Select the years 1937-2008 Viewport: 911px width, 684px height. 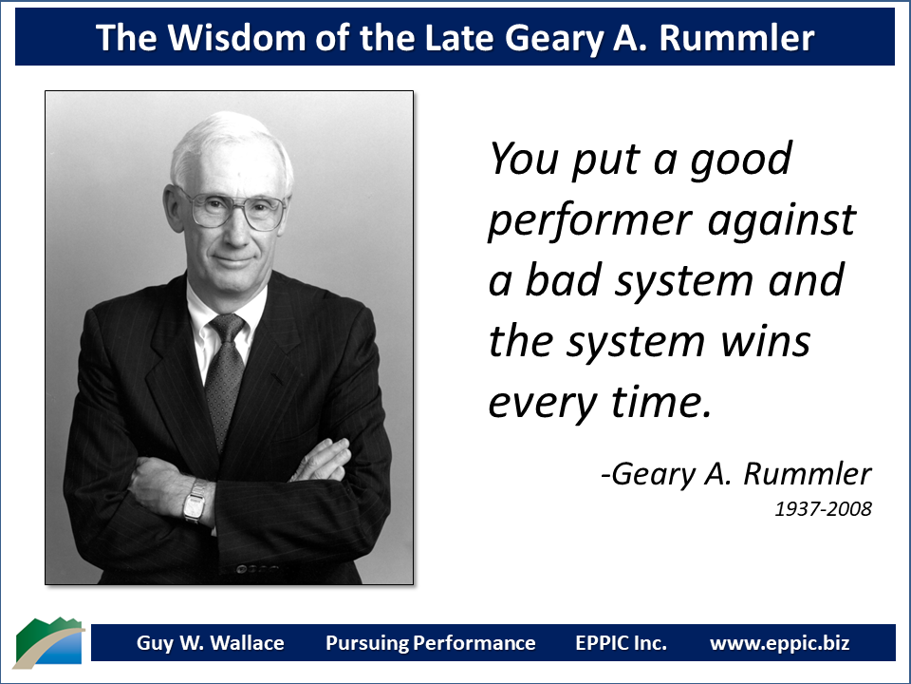(823, 509)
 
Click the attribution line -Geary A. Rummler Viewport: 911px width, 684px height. (735, 473)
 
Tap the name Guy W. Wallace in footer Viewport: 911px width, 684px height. (210, 643)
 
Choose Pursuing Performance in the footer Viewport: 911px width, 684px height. (430, 643)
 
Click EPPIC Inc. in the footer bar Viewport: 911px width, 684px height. (621, 643)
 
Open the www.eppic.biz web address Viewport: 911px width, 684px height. (779, 643)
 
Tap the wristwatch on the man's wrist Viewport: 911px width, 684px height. (195, 501)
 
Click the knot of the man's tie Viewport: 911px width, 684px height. (228, 330)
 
